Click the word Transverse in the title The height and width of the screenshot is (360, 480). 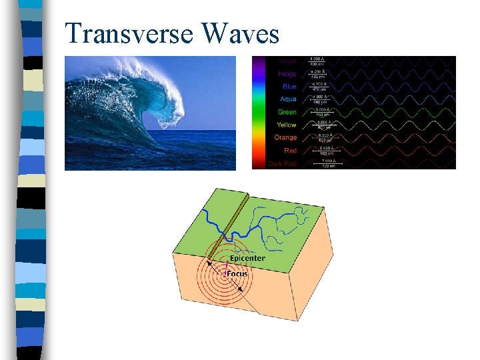(127, 33)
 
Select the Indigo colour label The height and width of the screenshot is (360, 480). (287, 74)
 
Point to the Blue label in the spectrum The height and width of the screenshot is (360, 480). (289, 87)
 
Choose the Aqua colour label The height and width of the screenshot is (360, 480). (288, 99)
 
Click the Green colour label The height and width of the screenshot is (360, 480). (287, 112)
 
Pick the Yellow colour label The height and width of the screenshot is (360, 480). (287, 125)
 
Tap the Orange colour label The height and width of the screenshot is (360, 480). (285, 137)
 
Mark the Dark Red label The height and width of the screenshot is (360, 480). (283, 163)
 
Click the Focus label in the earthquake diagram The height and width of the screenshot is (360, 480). (237, 273)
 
